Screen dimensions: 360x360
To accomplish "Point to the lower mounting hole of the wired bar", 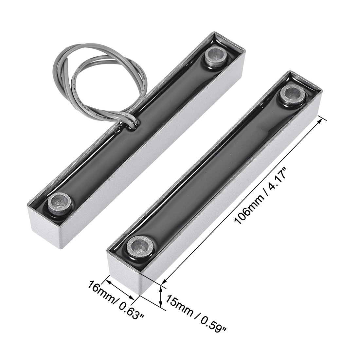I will (x=60, y=203).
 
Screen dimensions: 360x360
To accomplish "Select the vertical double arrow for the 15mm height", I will (x=161, y=297).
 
